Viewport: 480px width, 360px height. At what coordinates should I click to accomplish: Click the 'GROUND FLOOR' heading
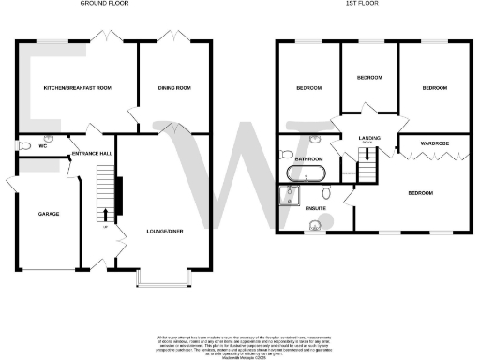click(103, 4)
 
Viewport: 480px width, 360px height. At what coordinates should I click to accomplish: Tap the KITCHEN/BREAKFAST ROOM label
click(77, 87)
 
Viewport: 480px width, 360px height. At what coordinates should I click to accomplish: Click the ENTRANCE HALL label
click(94, 152)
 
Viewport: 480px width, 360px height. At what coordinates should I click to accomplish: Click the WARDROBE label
click(435, 143)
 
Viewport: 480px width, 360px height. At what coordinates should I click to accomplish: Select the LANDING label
click(369, 138)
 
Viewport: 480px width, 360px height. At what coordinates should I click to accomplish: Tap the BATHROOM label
click(309, 159)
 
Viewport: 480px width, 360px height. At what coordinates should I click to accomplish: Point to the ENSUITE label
click(318, 209)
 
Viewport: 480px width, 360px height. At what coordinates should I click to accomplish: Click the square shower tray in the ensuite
click(286, 194)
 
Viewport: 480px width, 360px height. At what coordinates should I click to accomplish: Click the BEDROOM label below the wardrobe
click(419, 192)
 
